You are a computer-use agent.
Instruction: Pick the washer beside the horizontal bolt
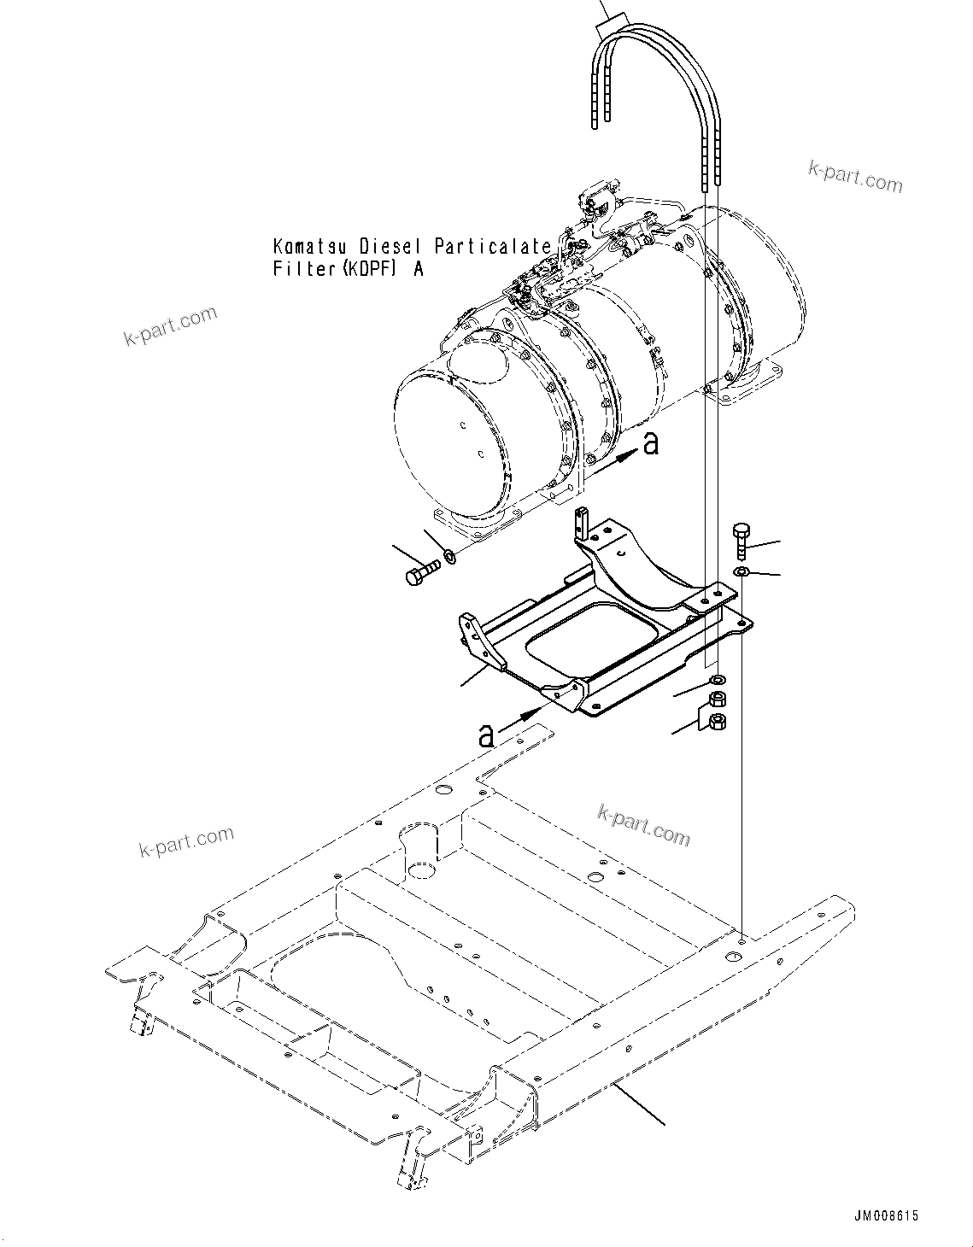449,558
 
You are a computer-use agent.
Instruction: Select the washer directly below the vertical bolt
741,571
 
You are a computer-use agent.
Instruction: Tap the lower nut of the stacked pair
718,723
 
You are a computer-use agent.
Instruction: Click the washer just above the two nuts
718,680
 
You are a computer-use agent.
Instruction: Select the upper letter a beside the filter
651,443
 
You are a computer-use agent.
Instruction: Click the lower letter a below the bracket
486,735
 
